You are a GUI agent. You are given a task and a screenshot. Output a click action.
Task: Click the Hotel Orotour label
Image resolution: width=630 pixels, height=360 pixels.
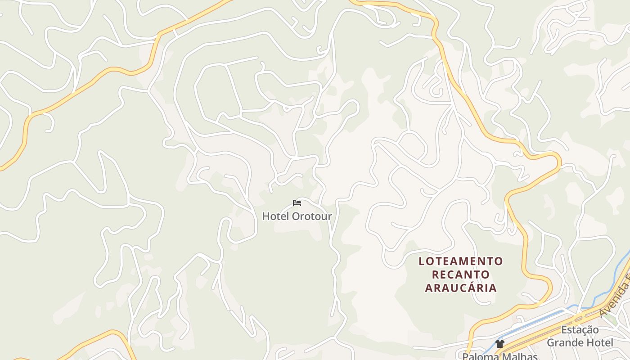point(297,216)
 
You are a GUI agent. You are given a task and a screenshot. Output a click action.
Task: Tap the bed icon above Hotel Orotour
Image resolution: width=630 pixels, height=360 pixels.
point(297,203)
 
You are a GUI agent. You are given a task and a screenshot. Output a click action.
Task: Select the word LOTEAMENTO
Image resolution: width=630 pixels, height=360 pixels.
point(461,261)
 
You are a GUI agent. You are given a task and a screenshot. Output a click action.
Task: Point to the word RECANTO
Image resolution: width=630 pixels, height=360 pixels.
point(461,274)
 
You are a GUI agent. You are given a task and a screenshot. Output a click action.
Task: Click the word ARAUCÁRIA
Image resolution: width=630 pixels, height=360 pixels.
point(461,288)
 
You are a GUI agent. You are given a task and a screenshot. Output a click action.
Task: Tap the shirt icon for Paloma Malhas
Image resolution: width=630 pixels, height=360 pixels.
point(499,344)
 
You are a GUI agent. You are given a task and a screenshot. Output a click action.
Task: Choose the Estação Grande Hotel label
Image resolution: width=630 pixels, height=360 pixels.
point(580,336)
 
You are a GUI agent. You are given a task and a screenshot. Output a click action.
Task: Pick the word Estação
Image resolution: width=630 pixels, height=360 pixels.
point(580,330)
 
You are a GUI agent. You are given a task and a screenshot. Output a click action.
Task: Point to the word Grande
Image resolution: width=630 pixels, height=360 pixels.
point(562,343)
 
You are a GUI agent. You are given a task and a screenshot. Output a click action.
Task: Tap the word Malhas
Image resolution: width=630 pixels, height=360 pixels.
point(520,356)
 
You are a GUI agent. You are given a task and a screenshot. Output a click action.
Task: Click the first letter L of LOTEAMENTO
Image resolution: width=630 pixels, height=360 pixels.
point(422,261)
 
